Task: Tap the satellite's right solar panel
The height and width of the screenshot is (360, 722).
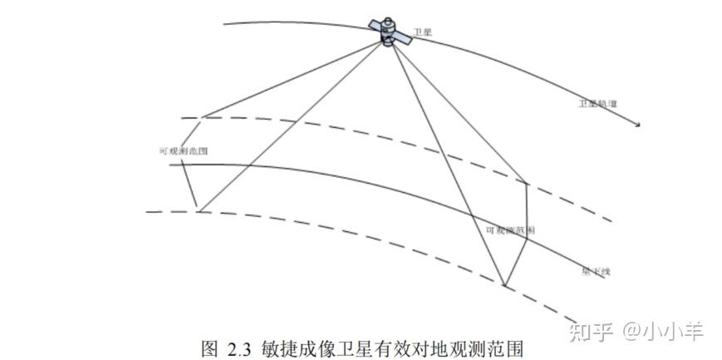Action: [402, 39]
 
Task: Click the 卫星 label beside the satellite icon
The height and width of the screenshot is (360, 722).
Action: [422, 32]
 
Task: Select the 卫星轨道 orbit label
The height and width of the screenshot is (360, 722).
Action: [597, 105]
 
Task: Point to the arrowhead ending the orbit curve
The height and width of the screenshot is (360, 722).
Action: [639, 126]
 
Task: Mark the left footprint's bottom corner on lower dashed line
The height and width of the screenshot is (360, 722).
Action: [199, 210]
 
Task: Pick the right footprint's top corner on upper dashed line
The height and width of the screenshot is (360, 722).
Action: [528, 182]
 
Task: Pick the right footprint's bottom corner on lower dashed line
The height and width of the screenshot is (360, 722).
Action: [504, 287]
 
